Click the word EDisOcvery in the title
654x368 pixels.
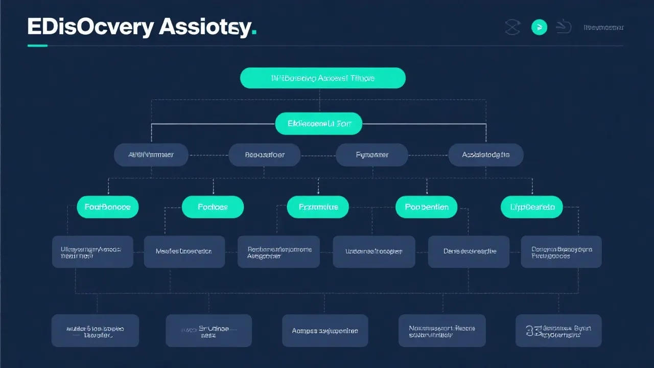tap(90, 27)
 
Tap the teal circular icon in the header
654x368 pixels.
tap(539, 28)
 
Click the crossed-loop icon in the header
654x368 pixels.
tap(512, 28)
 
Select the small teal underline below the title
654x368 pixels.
tap(37, 45)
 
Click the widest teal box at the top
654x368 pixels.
tap(322, 78)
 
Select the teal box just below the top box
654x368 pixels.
tap(318, 124)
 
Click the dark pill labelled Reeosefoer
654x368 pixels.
tap(264, 154)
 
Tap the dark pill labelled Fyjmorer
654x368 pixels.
tap(371, 154)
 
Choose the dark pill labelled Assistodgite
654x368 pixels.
tap(485, 154)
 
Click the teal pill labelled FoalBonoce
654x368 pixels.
tap(107, 207)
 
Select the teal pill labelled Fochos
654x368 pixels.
tap(213, 207)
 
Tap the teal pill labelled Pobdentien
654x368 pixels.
tap(426, 207)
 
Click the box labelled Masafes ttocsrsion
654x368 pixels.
tap(184, 251)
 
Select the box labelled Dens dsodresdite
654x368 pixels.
tap(469, 251)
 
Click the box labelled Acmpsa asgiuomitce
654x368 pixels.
tap(325, 331)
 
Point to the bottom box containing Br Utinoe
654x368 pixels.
tap(208, 331)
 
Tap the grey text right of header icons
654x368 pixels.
tap(603, 28)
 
